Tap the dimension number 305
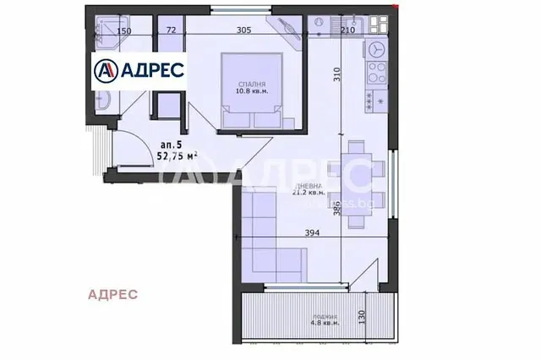pos(244,30)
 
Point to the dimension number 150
pos(124,30)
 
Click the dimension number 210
pos(347,30)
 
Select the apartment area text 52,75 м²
pos(179,155)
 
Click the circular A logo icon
pos(107,68)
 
